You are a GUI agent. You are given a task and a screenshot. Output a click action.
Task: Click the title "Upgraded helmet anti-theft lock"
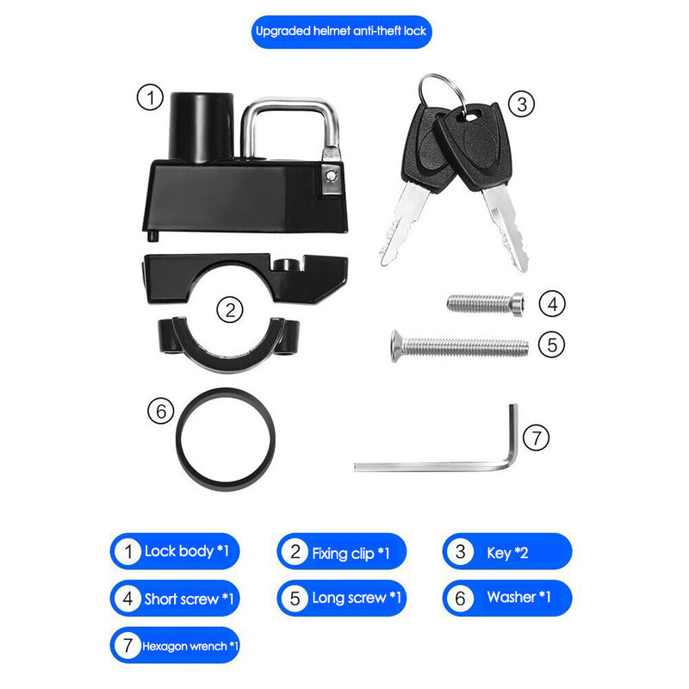coord(341,32)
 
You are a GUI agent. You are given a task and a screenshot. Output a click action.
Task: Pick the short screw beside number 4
coord(485,302)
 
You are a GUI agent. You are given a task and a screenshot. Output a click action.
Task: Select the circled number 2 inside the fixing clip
coord(228,308)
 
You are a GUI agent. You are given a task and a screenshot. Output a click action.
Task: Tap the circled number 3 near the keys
coord(520,104)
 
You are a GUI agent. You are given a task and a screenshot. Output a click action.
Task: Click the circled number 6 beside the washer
coord(160,413)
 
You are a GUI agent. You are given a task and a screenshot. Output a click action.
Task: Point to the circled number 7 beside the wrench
coord(536,437)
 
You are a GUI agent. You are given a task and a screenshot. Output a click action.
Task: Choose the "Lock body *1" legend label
coord(178,551)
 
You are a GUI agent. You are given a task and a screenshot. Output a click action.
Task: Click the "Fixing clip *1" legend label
coord(342,552)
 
